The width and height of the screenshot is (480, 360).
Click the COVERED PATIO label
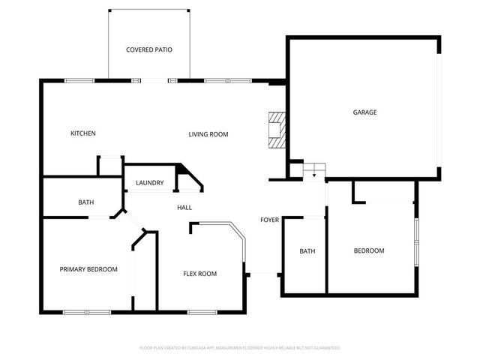[149, 49]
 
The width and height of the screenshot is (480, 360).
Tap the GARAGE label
[365, 112]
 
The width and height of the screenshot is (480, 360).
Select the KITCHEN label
[83, 133]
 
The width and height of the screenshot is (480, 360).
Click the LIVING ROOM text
[208, 134]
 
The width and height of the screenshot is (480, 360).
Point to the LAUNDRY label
[150, 183]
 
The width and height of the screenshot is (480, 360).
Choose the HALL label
[184, 208]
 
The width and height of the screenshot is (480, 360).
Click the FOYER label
[269, 220]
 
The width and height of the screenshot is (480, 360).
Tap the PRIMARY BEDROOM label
[88, 269]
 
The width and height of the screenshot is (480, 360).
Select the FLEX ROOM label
[200, 274]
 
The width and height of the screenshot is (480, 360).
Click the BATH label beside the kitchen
[86, 202]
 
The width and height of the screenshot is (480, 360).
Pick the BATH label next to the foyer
[307, 251]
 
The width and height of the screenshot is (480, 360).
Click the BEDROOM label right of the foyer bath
[369, 250]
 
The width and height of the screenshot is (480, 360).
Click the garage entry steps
[313, 170]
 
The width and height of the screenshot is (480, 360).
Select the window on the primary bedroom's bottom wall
[86, 311]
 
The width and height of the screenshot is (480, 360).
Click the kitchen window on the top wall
[77, 80]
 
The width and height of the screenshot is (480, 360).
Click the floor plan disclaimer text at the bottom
[240, 348]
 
